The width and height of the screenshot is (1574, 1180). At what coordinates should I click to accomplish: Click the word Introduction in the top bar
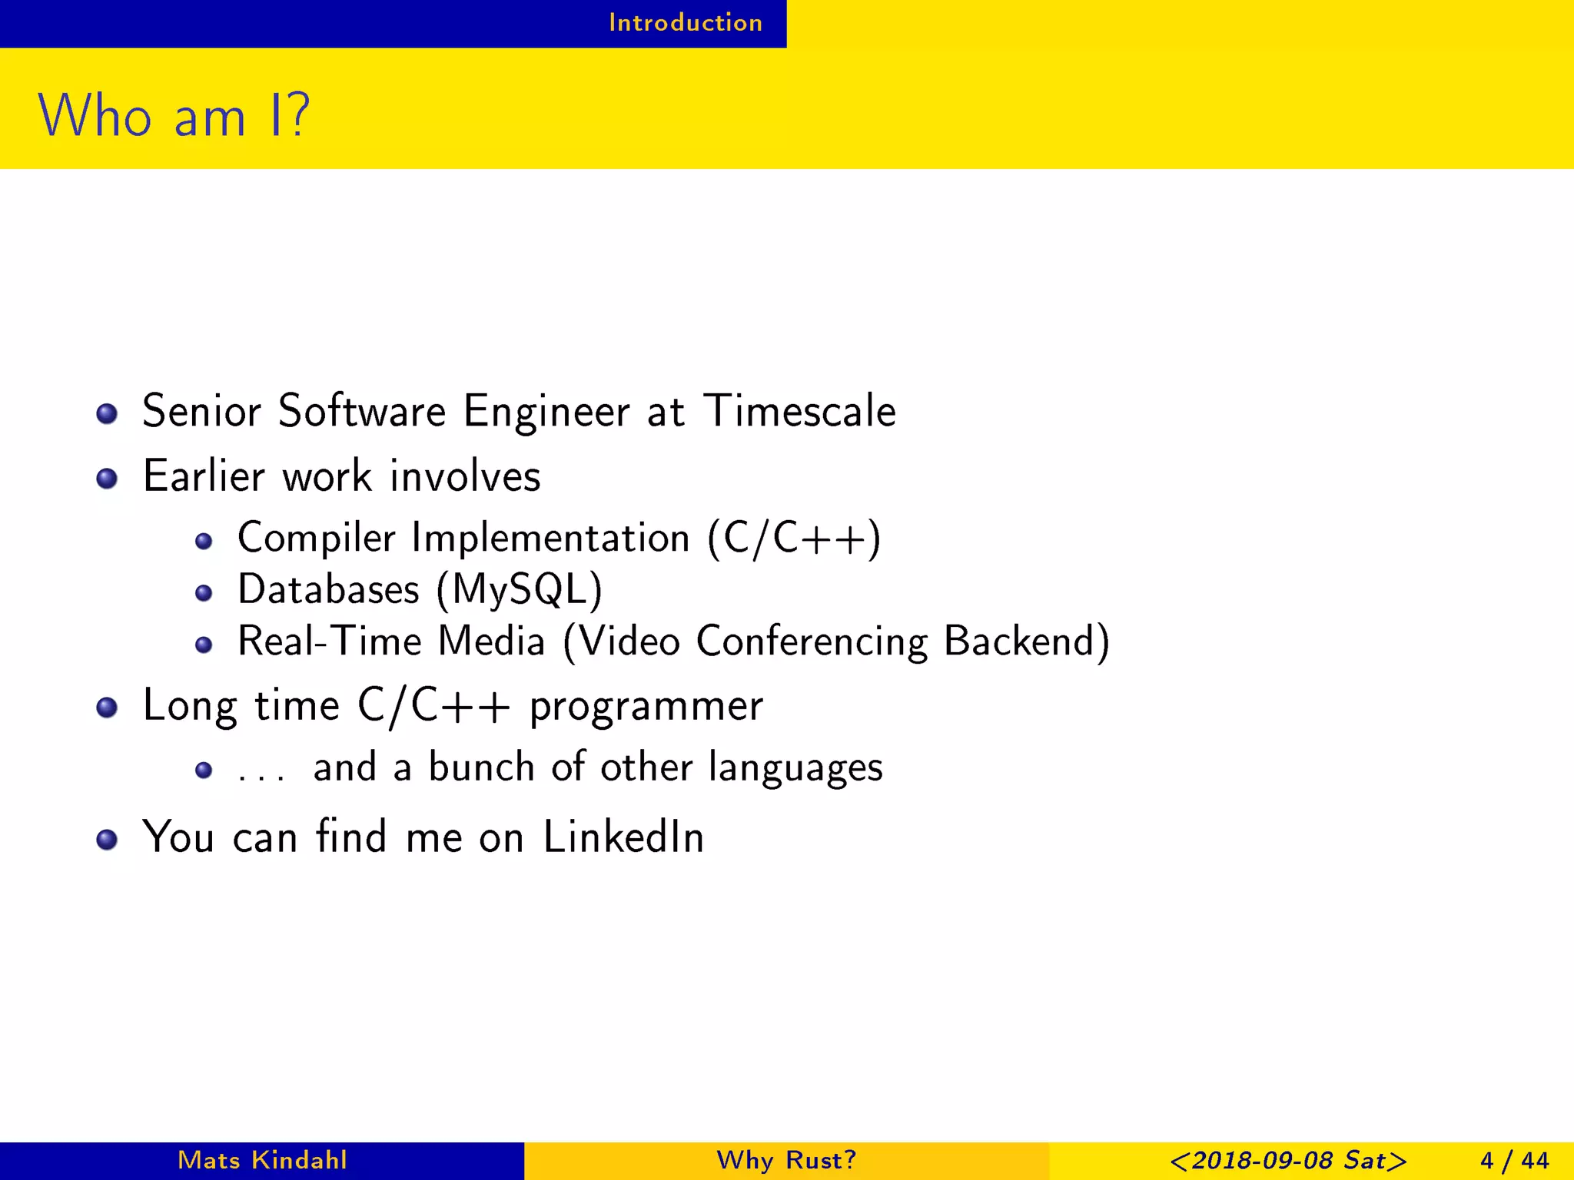(686, 23)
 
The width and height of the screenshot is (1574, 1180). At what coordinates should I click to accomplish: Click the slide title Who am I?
(174, 116)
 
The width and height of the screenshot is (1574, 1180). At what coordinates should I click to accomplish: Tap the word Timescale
(799, 411)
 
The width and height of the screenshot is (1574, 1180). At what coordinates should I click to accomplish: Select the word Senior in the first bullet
(201, 411)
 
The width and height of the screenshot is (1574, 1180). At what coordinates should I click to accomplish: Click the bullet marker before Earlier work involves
(107, 479)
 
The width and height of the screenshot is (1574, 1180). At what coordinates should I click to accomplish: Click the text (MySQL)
(520, 590)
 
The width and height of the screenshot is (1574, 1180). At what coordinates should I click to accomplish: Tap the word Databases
(328, 590)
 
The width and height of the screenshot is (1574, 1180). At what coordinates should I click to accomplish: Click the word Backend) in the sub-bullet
(1026, 641)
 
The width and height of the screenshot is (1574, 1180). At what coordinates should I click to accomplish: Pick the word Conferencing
(812, 641)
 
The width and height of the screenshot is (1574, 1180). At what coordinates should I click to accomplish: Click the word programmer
(646, 706)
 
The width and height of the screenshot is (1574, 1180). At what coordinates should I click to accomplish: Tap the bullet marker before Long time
(107, 708)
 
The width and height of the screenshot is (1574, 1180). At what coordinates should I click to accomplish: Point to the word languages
(795, 767)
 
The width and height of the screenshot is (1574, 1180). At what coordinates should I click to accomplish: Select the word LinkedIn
(623, 837)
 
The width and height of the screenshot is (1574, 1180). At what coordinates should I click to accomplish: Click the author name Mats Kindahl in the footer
(262, 1160)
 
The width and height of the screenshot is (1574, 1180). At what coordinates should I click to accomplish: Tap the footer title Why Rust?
(786, 1160)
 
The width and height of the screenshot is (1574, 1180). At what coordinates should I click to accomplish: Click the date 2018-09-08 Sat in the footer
(1288, 1160)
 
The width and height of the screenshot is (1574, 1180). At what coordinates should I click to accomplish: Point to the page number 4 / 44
(1514, 1160)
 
